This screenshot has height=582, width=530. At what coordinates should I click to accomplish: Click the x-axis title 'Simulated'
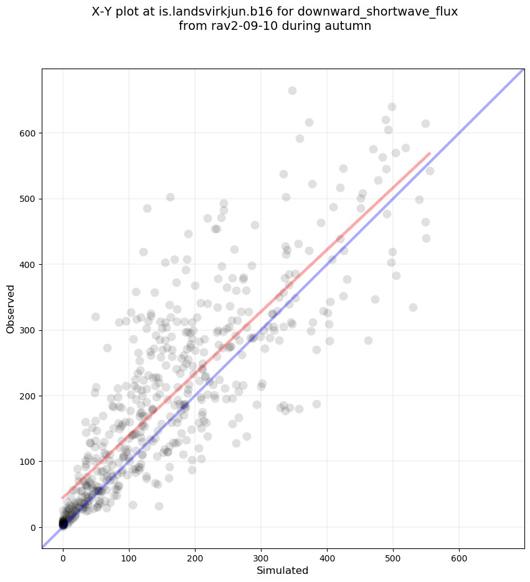click(x=283, y=570)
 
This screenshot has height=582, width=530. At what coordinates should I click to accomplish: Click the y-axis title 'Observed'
click(x=11, y=308)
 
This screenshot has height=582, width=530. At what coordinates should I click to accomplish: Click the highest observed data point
click(x=292, y=90)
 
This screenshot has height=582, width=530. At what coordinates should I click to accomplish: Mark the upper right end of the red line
click(x=430, y=153)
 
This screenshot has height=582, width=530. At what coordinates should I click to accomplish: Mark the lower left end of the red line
click(x=62, y=498)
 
